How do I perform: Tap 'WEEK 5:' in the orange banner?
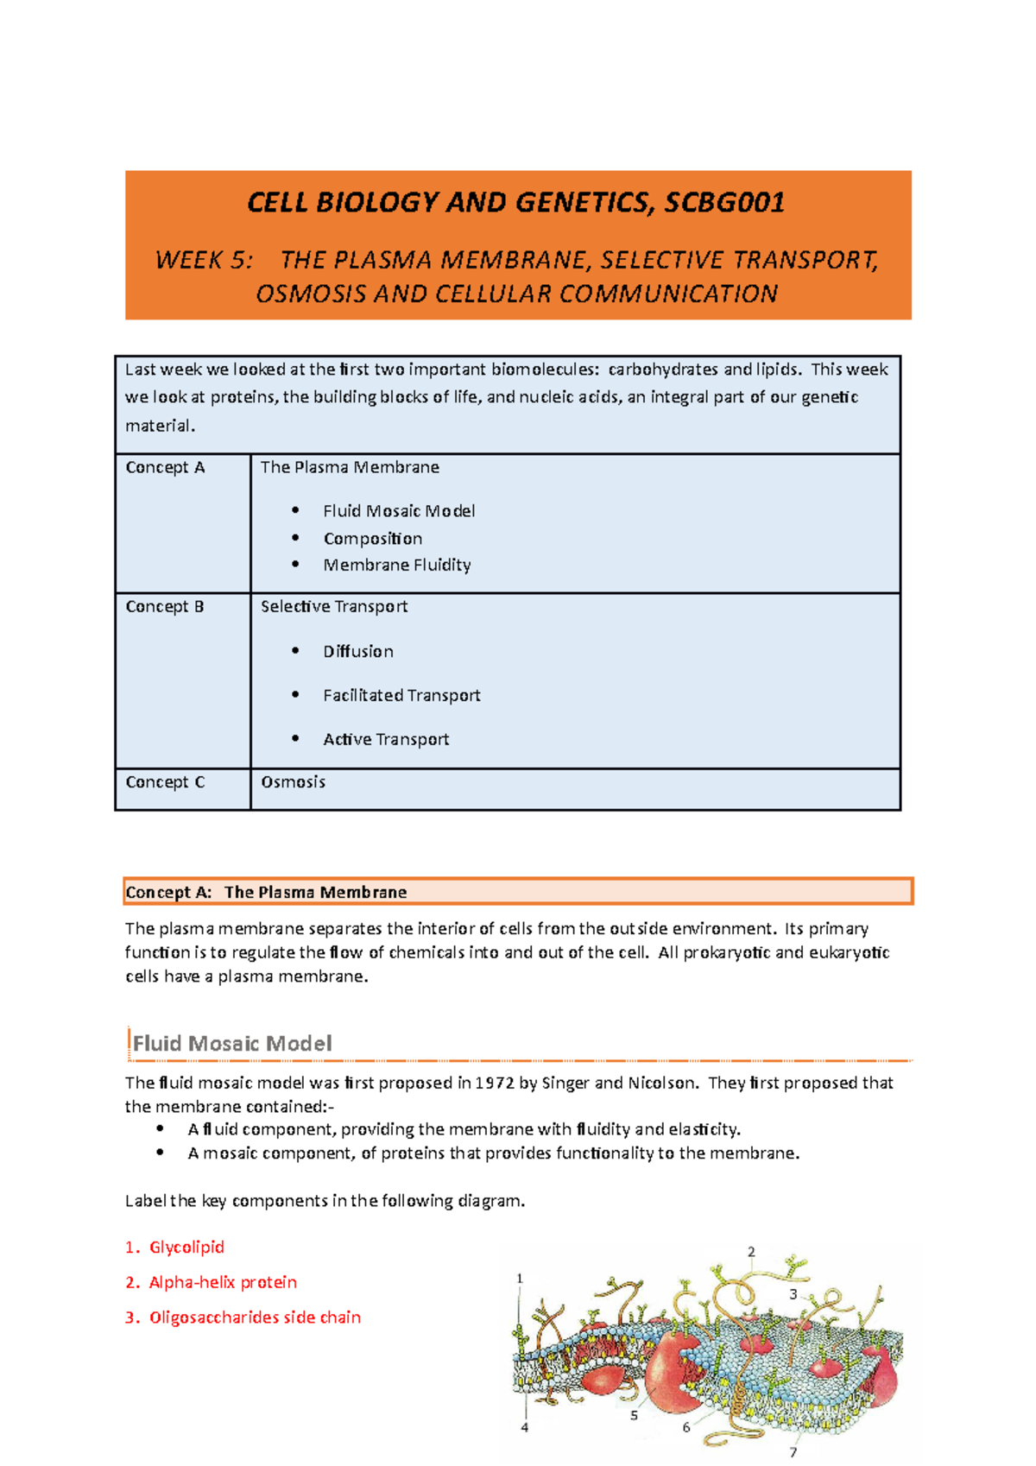point(204,260)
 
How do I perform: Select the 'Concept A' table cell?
point(165,467)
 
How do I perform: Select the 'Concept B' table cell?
point(165,606)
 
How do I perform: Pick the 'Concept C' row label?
point(165,781)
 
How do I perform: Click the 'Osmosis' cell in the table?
point(293,781)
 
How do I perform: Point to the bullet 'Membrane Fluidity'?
point(396,565)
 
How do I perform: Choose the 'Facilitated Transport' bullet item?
point(401,695)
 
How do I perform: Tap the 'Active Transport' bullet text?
point(386,739)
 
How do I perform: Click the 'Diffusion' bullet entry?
point(358,651)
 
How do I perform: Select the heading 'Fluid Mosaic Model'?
point(232,1043)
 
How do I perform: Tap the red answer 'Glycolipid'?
point(186,1247)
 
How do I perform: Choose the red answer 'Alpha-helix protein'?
point(223,1282)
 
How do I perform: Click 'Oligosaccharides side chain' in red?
point(255,1318)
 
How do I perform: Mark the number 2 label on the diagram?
point(751,1252)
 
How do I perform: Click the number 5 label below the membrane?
point(634,1416)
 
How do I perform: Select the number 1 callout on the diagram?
point(520,1279)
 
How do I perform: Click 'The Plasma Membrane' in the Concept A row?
point(350,467)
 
